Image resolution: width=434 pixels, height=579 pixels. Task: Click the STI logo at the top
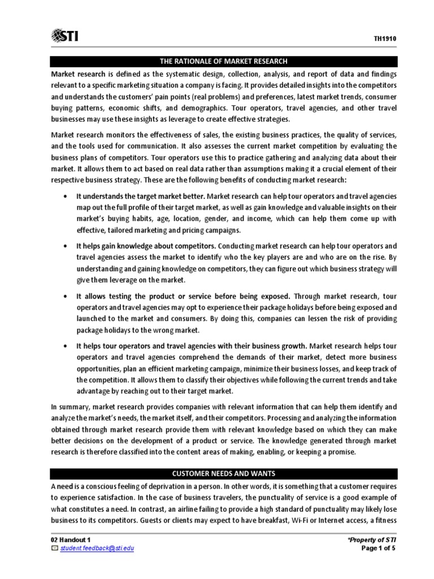[65, 36]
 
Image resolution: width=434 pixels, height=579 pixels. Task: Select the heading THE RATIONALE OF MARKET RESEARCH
[216, 61]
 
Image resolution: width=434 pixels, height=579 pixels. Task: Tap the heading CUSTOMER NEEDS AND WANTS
[216, 473]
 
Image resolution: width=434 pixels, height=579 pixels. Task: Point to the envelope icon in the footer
[54, 548]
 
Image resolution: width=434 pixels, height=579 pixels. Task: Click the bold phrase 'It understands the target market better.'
[140, 196]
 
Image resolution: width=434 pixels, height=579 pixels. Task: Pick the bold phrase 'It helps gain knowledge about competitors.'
[146, 246]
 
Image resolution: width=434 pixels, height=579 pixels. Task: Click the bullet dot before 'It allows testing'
[66, 296]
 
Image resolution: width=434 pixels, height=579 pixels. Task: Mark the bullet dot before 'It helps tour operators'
[66, 345]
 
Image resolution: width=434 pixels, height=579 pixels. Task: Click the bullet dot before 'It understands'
[66, 196]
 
